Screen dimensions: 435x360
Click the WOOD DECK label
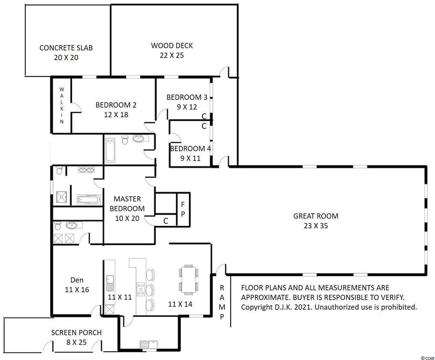(x=172, y=46)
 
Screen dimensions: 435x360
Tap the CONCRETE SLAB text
(x=66, y=48)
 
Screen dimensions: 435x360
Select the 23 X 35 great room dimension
(x=316, y=226)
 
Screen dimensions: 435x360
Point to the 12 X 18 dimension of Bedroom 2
(x=116, y=115)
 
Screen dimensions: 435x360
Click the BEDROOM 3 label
(x=187, y=97)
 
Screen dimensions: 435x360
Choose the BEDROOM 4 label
(x=191, y=149)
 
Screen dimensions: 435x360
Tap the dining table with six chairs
(x=189, y=280)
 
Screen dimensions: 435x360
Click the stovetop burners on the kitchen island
(x=140, y=289)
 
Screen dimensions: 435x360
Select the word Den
(x=77, y=280)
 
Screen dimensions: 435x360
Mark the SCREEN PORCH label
(x=77, y=333)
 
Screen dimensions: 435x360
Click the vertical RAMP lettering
(x=222, y=302)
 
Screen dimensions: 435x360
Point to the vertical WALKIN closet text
(x=62, y=105)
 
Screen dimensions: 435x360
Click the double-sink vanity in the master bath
(x=86, y=170)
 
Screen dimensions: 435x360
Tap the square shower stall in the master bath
(x=61, y=197)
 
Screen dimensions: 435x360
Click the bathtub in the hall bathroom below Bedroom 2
(x=110, y=150)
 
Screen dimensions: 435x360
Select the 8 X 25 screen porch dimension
(x=77, y=342)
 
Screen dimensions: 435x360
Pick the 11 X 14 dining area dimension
(x=180, y=304)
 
